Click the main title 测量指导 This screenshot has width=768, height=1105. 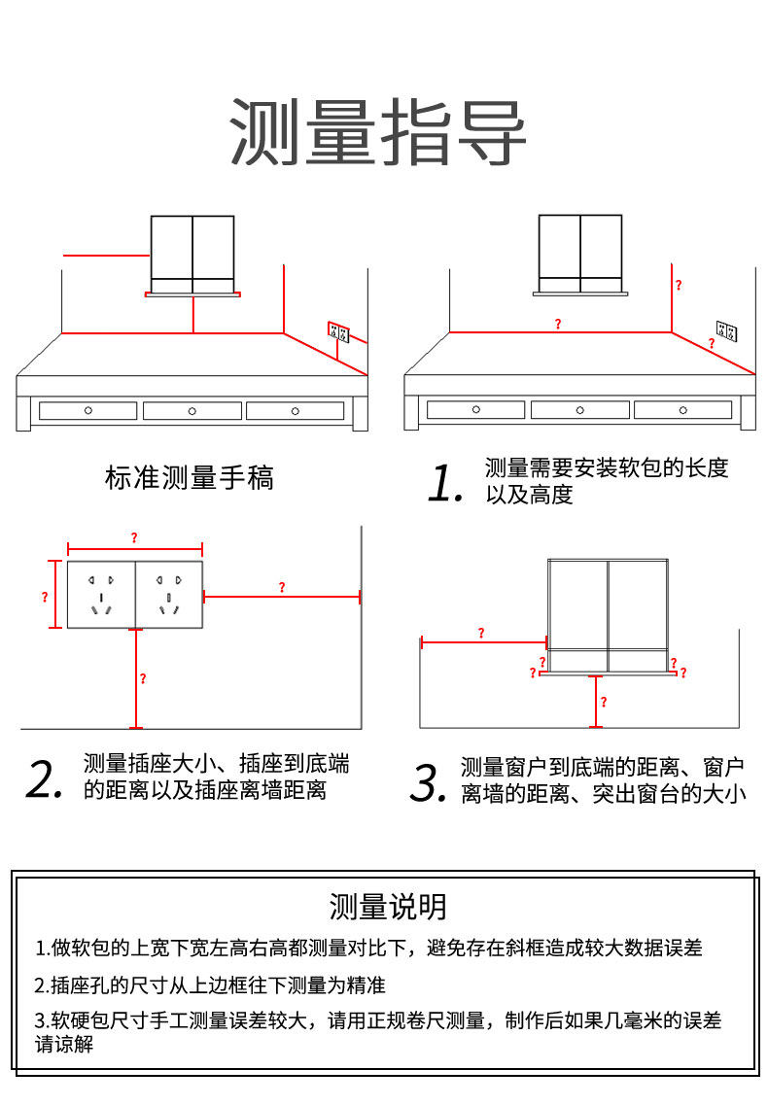pyautogui.click(x=378, y=133)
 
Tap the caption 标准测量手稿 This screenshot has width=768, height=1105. pyautogui.click(x=190, y=478)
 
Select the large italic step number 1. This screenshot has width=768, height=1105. pyautogui.click(x=444, y=483)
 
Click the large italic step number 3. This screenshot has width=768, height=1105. pyautogui.click(x=428, y=783)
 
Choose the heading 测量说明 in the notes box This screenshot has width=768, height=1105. pyautogui.click(x=388, y=907)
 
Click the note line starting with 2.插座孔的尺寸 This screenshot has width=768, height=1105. pyautogui.click(x=210, y=985)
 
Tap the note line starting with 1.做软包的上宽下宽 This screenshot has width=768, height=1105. pyautogui.click(x=368, y=948)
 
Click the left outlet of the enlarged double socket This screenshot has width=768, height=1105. pyautogui.click(x=101, y=594)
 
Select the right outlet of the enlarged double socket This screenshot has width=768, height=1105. pyautogui.click(x=169, y=594)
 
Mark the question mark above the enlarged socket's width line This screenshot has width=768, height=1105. pyautogui.click(x=134, y=537)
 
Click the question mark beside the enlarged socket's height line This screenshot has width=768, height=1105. pyautogui.click(x=45, y=597)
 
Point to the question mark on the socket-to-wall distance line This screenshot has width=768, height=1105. pyautogui.click(x=282, y=587)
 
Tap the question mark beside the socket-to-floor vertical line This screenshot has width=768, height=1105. pyautogui.click(x=143, y=678)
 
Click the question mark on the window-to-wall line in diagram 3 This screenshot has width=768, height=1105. pyautogui.click(x=481, y=633)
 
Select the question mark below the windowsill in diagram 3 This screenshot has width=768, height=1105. pyautogui.click(x=603, y=701)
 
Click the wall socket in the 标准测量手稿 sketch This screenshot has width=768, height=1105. pyautogui.click(x=338, y=332)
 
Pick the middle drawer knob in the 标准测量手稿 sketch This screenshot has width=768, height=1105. pyautogui.click(x=192, y=411)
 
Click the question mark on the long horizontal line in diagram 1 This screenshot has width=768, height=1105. pyautogui.click(x=558, y=324)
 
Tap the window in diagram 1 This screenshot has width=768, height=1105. pyautogui.click(x=580, y=253)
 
